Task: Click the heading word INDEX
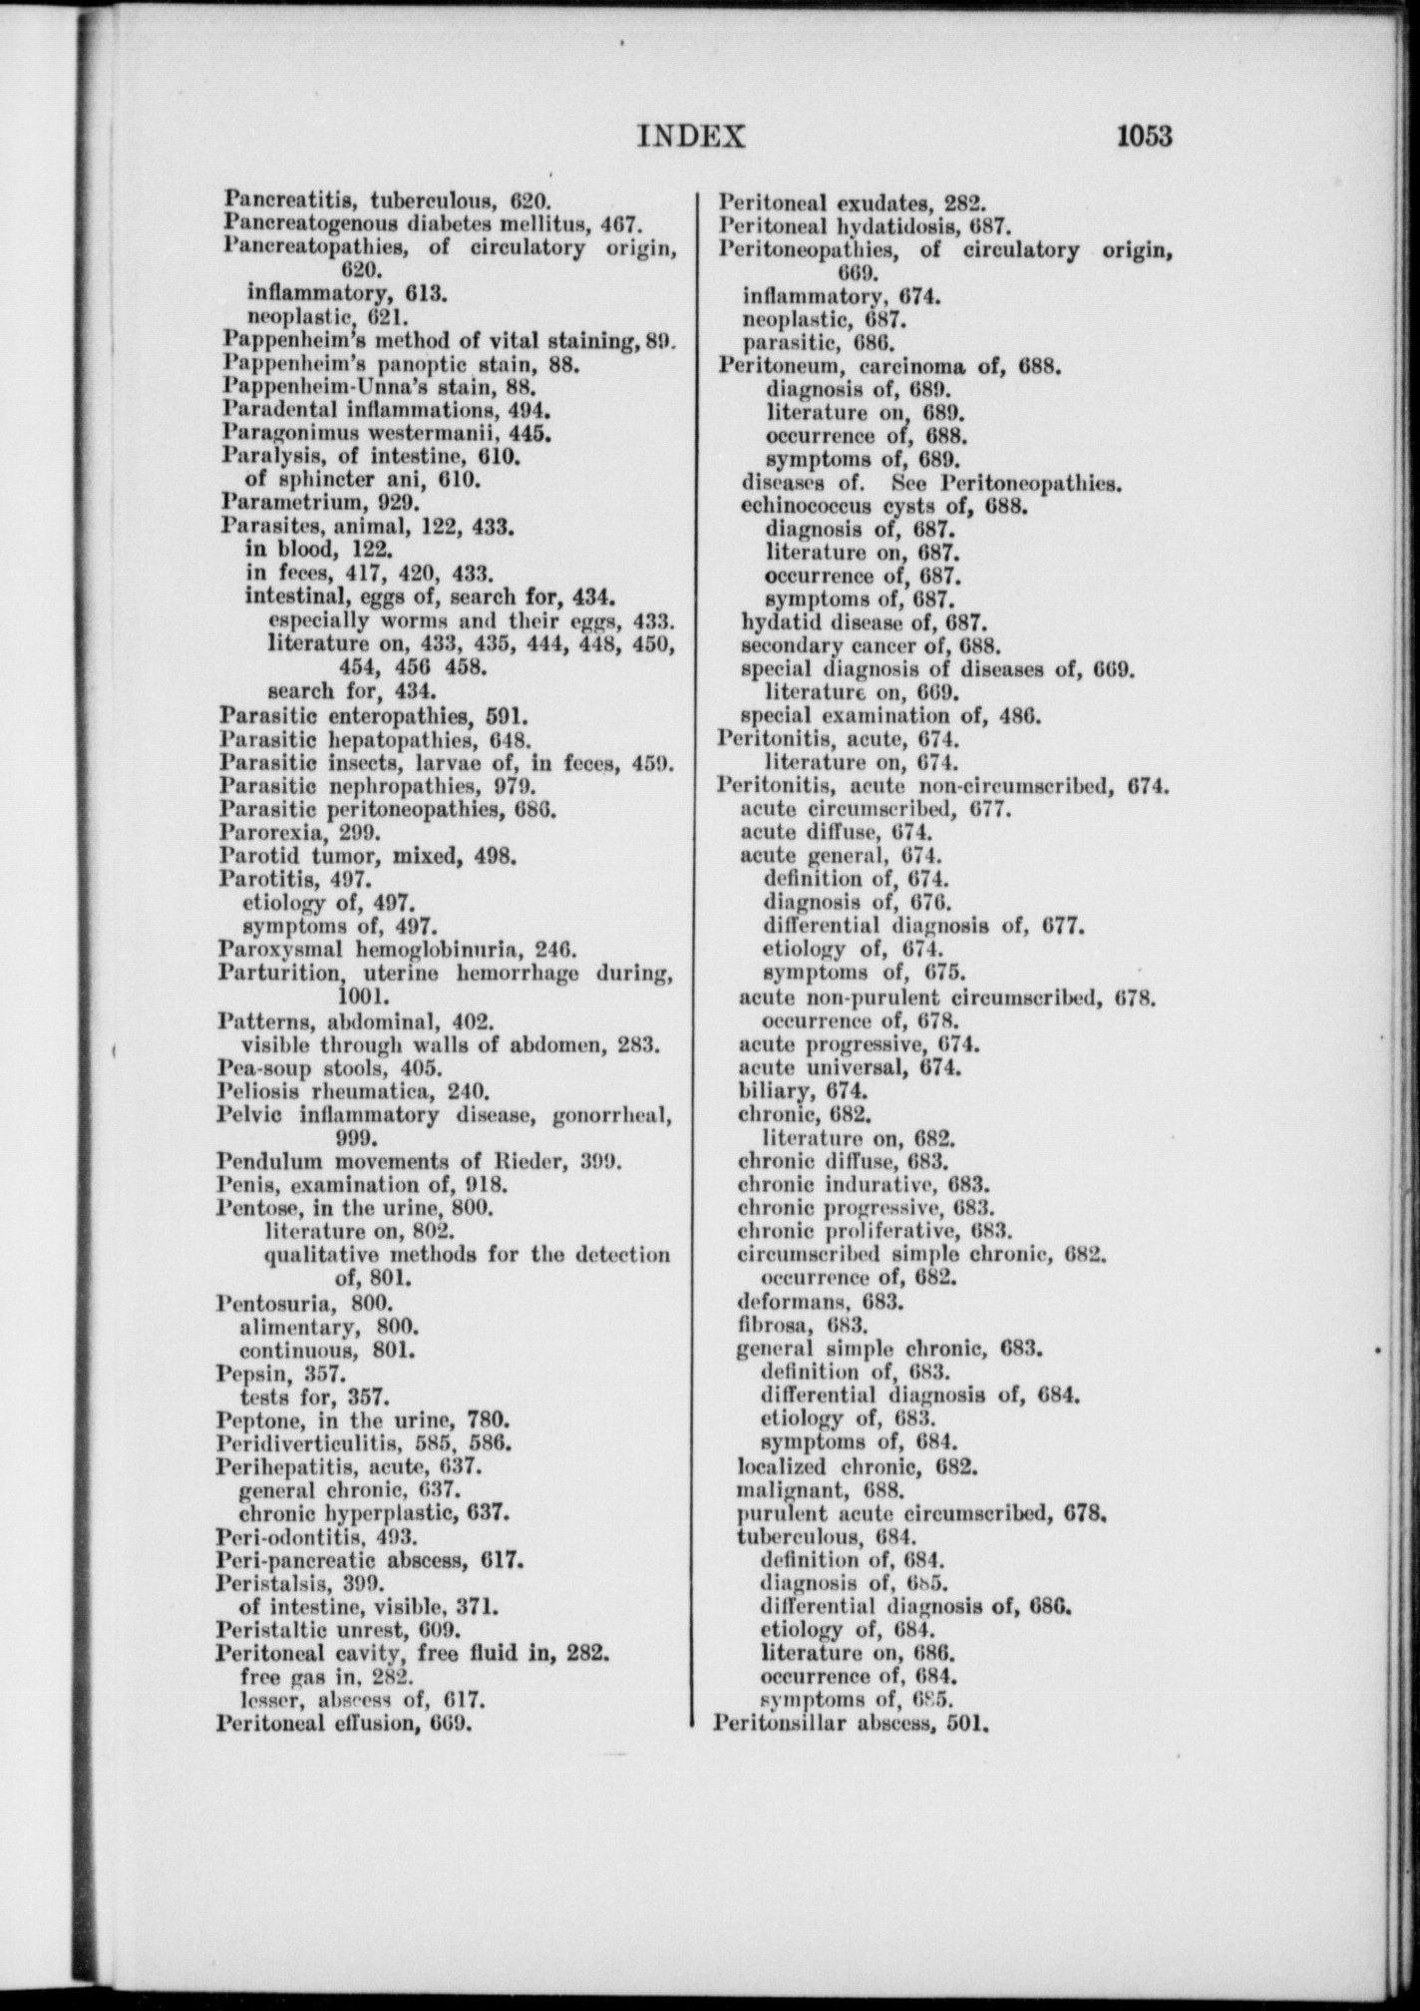pos(691,136)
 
